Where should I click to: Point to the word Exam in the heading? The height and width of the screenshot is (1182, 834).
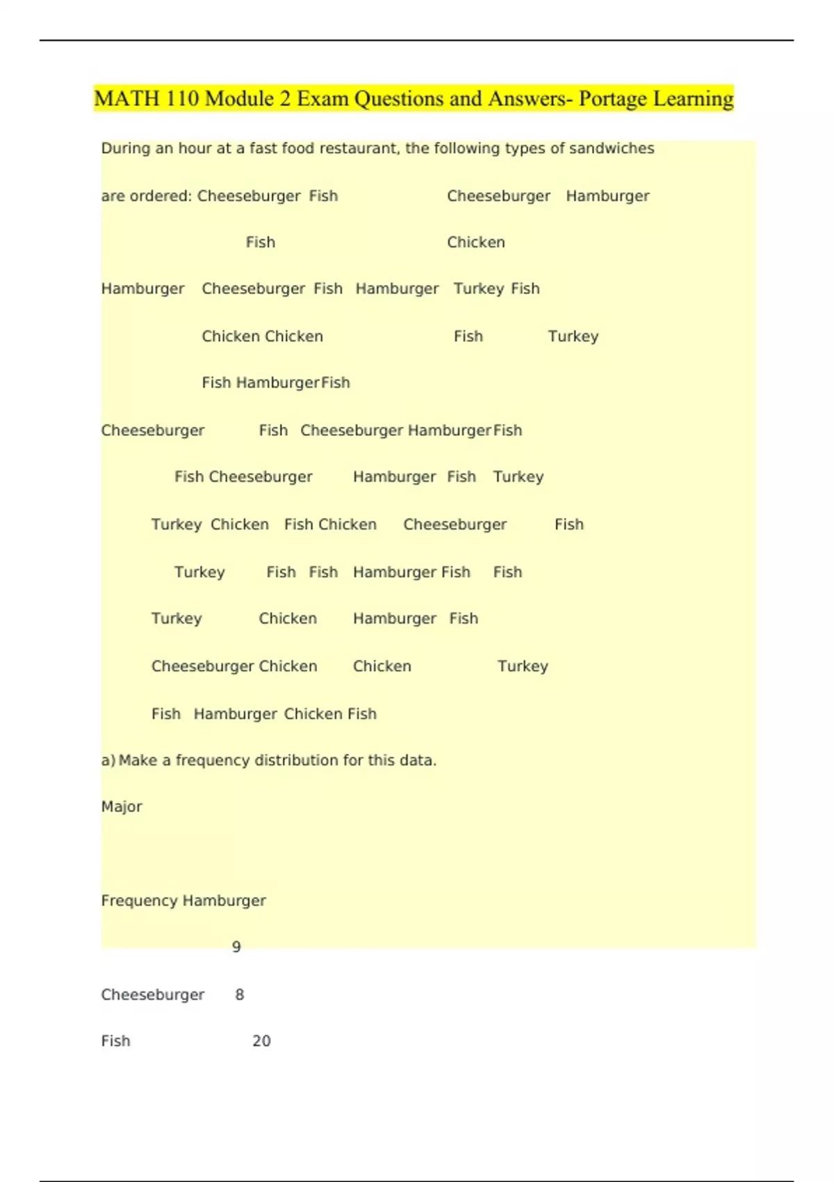point(322,99)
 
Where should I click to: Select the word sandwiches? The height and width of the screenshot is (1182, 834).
point(612,148)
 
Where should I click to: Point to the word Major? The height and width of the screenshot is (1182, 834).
point(122,807)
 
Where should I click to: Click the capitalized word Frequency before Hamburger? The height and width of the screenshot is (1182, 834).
point(139,900)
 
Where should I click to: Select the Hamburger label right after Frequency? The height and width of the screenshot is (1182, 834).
point(224,900)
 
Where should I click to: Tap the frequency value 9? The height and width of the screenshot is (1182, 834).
point(236,947)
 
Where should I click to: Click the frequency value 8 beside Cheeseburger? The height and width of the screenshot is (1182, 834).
point(240,995)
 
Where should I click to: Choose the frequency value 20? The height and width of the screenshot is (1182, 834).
point(261,1041)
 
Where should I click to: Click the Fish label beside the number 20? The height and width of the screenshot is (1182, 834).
point(115,1041)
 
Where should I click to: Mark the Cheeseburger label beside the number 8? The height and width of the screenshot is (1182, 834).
point(153,995)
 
